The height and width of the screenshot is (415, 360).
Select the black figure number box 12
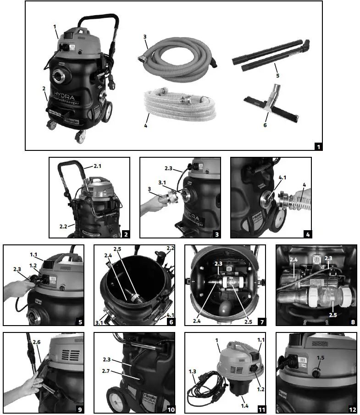[x=351, y=409]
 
